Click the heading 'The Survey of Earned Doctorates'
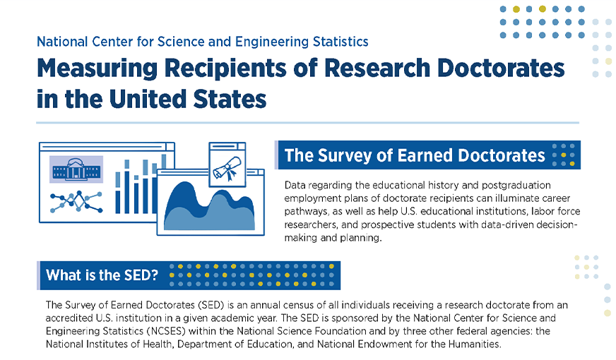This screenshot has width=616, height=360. pyautogui.click(x=415, y=155)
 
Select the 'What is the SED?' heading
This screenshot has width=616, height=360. pyautogui.click(x=102, y=275)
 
